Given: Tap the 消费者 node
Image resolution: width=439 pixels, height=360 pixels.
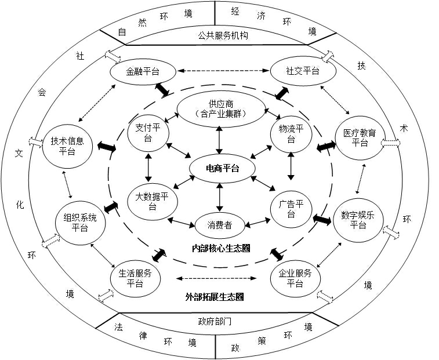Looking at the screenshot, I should tap(219, 224).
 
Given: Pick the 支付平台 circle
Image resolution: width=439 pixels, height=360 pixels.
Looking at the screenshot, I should tap(147, 133).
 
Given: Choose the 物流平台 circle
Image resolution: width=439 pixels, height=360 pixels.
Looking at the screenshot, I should tap(291, 133).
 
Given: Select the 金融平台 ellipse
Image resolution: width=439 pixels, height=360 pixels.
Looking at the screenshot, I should tap(143, 71).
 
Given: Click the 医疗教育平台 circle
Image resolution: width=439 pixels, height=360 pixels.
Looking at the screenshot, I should tap(360, 138).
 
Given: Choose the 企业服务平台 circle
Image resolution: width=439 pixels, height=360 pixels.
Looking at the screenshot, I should tap(295, 279).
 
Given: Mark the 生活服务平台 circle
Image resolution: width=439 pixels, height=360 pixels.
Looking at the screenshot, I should tap(135, 279).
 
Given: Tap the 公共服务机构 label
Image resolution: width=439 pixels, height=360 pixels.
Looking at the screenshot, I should tap(219, 36).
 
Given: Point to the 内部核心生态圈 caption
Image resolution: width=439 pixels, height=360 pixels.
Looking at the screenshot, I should tap(221, 248).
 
